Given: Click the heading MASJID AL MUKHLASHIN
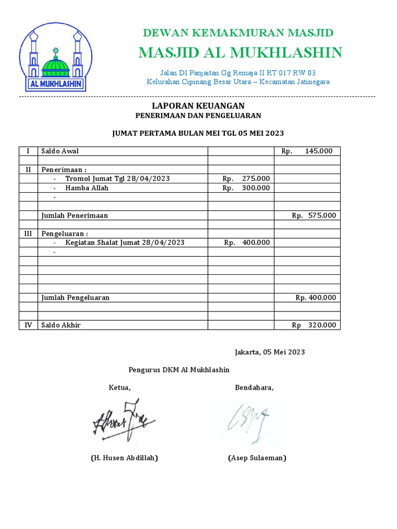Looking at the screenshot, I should [240, 52].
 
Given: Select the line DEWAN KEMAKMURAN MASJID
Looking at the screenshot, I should [238, 33].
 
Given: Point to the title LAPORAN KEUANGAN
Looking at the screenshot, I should [198, 105].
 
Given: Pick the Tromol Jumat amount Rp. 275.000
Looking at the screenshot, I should [246, 178].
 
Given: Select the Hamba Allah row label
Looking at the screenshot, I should [87, 188].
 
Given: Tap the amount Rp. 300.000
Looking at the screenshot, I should [246, 188].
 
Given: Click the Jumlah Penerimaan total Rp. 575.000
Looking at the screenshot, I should [313, 215].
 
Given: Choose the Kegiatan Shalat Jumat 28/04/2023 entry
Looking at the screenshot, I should [125, 242].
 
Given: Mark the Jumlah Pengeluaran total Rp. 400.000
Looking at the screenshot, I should [315, 298].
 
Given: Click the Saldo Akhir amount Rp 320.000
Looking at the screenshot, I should [313, 325].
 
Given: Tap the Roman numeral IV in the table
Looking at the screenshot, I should [28, 325].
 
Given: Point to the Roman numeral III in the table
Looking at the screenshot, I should [28, 234].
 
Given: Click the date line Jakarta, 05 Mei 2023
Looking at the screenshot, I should [269, 352].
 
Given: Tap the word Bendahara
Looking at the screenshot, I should [254, 388].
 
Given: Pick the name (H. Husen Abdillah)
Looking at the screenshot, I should [124, 458].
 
